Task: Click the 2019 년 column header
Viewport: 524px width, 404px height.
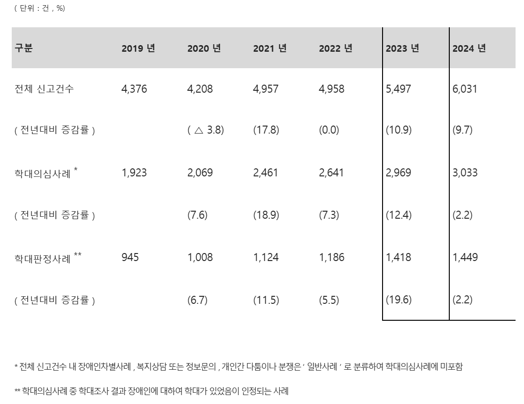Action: click(138, 48)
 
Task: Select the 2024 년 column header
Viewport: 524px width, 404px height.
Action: click(469, 48)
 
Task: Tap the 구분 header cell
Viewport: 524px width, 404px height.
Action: click(24, 48)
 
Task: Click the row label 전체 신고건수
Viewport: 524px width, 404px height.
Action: click(44, 89)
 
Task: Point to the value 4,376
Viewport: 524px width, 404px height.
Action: click(134, 89)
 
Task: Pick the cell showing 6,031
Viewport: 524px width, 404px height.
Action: click(465, 89)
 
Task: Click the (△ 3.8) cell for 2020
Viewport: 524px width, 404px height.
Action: click(205, 130)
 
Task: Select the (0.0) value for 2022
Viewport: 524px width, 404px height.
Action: click(328, 130)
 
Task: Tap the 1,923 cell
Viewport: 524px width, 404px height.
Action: click(134, 173)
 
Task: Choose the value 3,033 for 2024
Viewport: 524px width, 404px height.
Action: click(465, 173)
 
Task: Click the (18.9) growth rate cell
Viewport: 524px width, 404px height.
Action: click(266, 215)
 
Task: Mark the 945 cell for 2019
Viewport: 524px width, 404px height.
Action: click(130, 257)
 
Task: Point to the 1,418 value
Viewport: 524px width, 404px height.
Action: click(398, 257)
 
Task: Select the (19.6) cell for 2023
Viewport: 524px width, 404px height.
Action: click(398, 300)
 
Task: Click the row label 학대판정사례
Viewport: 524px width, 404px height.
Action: click(43, 258)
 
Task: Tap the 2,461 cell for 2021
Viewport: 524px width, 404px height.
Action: click(266, 173)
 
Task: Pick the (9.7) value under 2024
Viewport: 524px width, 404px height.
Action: click(462, 130)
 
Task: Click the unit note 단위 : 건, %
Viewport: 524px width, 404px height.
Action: click(39, 8)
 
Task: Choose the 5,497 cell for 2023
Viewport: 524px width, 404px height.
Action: click(398, 89)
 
